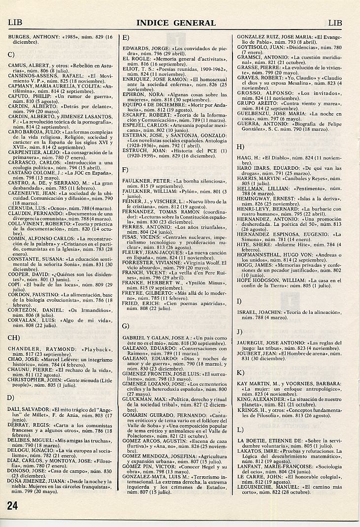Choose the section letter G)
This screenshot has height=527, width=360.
coord(126,326)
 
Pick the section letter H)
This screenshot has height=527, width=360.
coord(241,147)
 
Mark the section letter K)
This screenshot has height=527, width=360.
coord(240,373)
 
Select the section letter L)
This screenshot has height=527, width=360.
coord(240,430)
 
